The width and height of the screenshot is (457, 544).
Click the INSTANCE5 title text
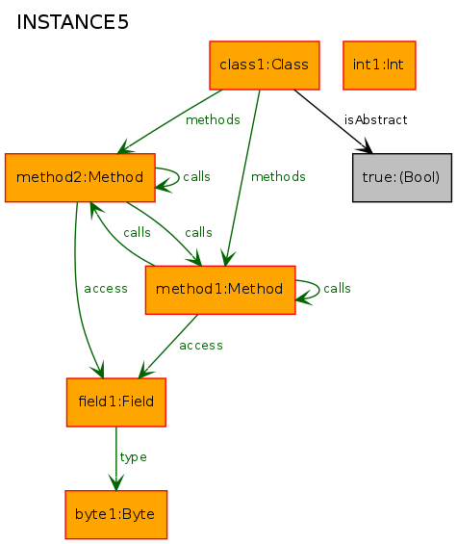pos(72,22)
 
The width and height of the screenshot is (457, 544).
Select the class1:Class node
pos(265,65)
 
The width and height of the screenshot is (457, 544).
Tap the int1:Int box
pos(379,65)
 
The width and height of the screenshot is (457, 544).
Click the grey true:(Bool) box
pos(402,177)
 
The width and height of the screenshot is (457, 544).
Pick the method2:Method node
pos(80,177)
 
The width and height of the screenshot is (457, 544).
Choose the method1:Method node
pos(220,290)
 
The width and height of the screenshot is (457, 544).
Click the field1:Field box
pos(116,402)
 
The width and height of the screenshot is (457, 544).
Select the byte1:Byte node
pos(116,514)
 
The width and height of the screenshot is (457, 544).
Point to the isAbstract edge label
pos(375,120)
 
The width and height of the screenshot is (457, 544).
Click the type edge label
pos(133,457)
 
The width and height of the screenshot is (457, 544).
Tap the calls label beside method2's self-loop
pos(196,176)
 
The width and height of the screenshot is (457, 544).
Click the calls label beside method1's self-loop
pos(337,288)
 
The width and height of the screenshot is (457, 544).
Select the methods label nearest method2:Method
pos(213,120)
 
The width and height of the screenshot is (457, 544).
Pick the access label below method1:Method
pos(201,346)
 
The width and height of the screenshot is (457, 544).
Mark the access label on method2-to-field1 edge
pos(106,289)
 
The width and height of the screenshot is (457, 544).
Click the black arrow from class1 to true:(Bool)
pos(333,121)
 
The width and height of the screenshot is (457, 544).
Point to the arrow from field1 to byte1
pos(116,458)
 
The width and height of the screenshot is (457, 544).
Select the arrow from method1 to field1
pos(168,347)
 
